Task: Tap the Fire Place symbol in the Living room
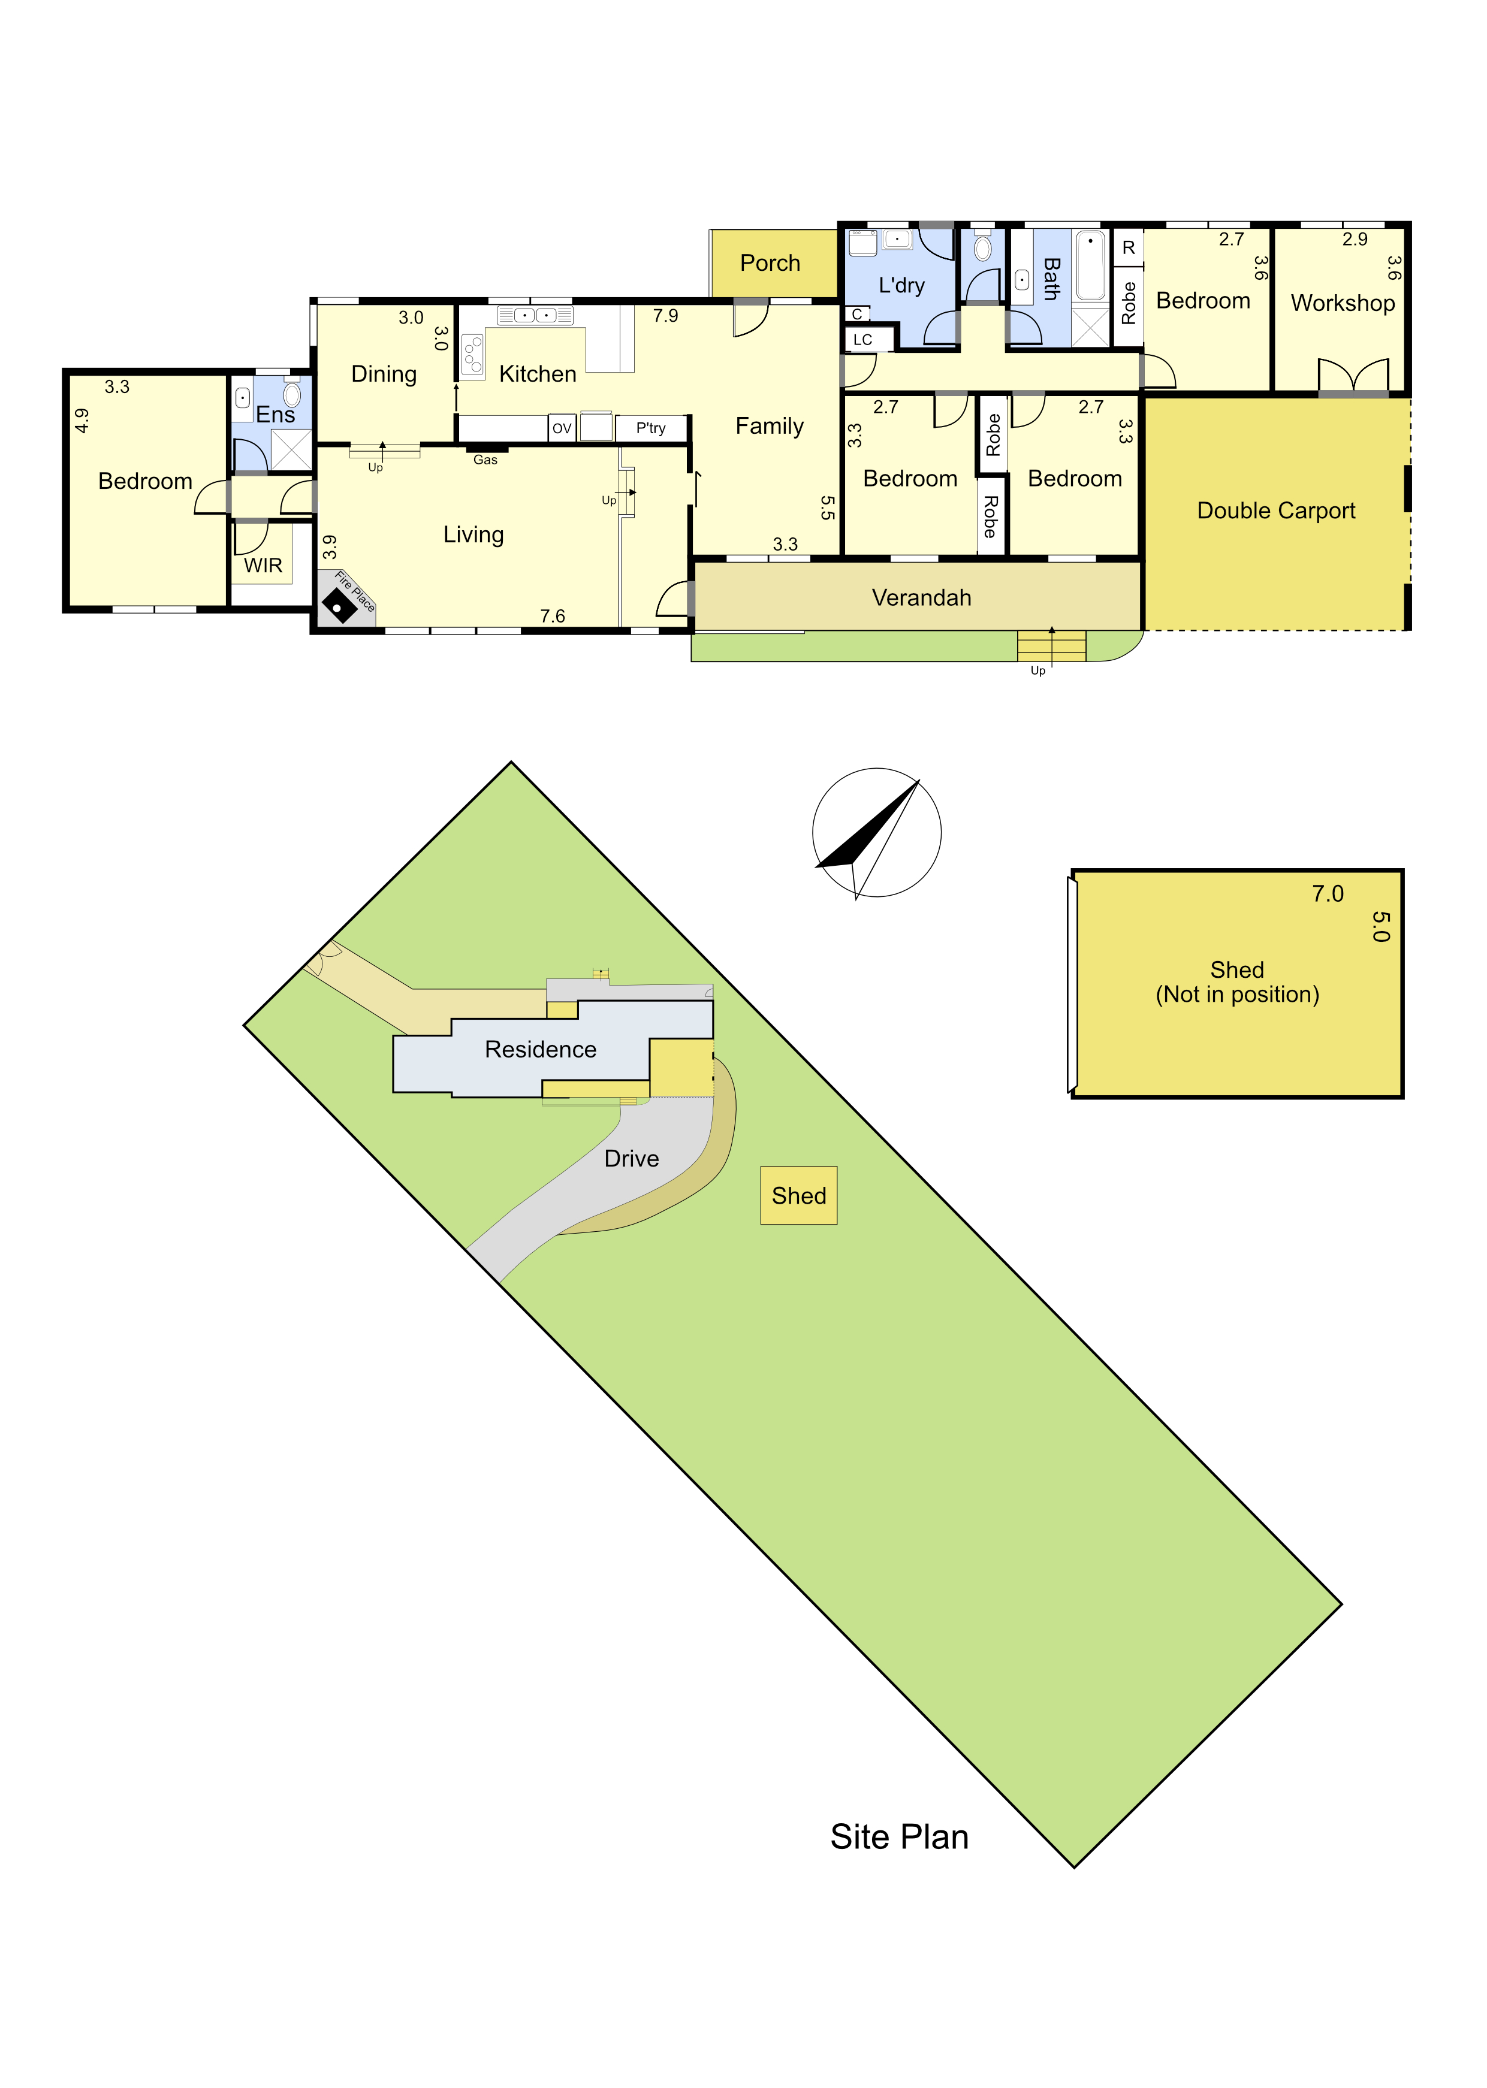[x=340, y=606]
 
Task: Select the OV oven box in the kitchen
[x=561, y=428]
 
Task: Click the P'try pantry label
[x=650, y=428]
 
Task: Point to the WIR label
[x=263, y=566]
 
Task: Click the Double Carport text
[x=1275, y=511]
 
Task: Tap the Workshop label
[x=1343, y=303]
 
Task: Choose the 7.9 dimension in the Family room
[x=666, y=316]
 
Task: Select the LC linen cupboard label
[x=862, y=340]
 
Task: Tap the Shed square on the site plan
[x=798, y=1195]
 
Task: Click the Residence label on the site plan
[x=540, y=1049]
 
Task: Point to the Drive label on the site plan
[x=632, y=1159]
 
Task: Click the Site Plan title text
[x=899, y=1837]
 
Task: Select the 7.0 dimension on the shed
[x=1328, y=895]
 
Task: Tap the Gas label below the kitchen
[x=485, y=460]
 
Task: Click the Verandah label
[x=921, y=598]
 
